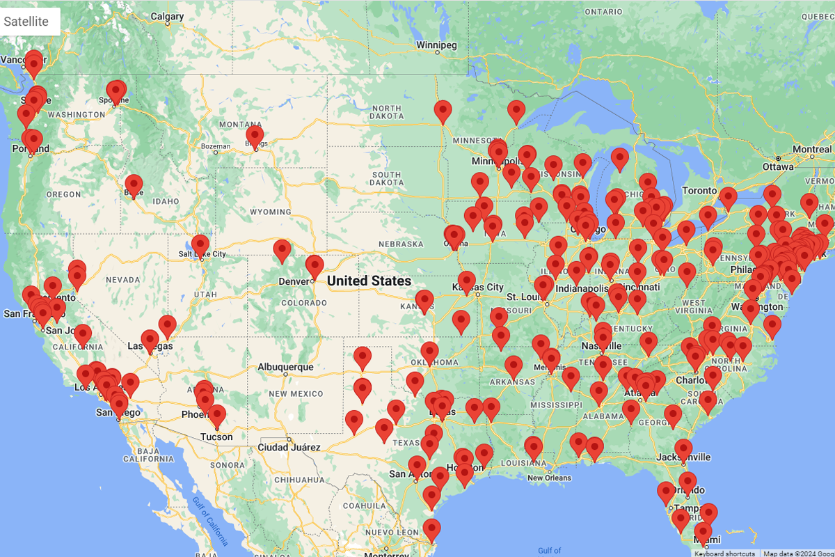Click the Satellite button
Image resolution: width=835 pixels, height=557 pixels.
(x=26, y=22)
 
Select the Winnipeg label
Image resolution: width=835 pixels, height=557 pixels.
(x=436, y=45)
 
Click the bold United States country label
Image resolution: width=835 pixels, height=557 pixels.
(x=369, y=281)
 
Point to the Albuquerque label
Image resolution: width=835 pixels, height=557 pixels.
(x=285, y=367)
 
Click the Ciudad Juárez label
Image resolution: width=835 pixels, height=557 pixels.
(x=289, y=447)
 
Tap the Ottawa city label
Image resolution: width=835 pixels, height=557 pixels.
(x=777, y=167)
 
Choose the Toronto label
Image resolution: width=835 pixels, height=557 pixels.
(x=699, y=190)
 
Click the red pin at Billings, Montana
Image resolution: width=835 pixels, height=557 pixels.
(x=255, y=135)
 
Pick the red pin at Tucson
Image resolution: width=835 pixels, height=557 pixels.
(x=217, y=416)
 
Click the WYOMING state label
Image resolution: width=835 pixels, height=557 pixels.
(x=270, y=212)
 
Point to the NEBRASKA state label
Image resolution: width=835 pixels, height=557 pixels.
(x=401, y=244)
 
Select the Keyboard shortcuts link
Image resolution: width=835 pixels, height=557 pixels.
(x=724, y=554)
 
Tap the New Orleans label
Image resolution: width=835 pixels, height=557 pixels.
(x=549, y=478)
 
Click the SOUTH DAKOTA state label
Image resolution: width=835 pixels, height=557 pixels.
(x=386, y=178)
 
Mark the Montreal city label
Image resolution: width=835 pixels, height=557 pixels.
(x=811, y=150)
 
